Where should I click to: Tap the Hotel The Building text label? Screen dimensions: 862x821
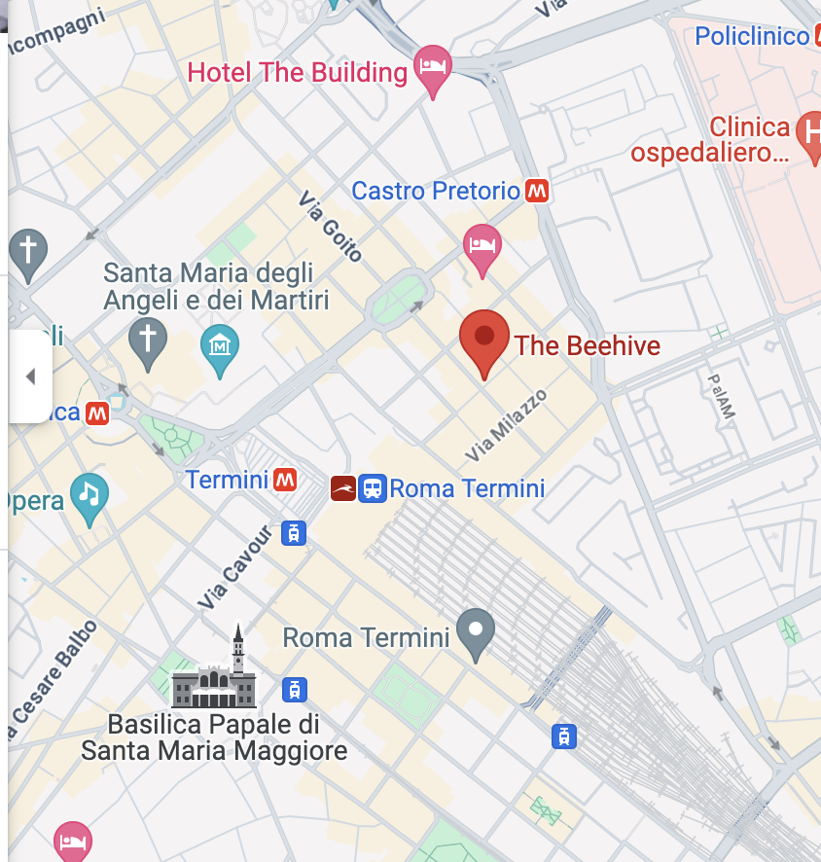pyautogui.click(x=298, y=72)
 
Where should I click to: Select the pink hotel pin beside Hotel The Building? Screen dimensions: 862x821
pyautogui.click(x=433, y=68)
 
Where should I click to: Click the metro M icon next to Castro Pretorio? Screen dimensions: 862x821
pyautogui.click(x=537, y=191)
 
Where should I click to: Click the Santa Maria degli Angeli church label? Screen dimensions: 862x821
pyautogui.click(x=216, y=286)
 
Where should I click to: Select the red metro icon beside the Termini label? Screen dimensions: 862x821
pyautogui.click(x=285, y=480)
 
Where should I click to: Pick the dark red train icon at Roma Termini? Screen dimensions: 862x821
pyautogui.click(x=343, y=488)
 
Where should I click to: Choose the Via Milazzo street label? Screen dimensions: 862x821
pyautogui.click(x=506, y=425)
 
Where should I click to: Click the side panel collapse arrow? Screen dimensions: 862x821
pyautogui.click(x=30, y=377)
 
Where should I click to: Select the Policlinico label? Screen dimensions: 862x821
pyautogui.click(x=752, y=36)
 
